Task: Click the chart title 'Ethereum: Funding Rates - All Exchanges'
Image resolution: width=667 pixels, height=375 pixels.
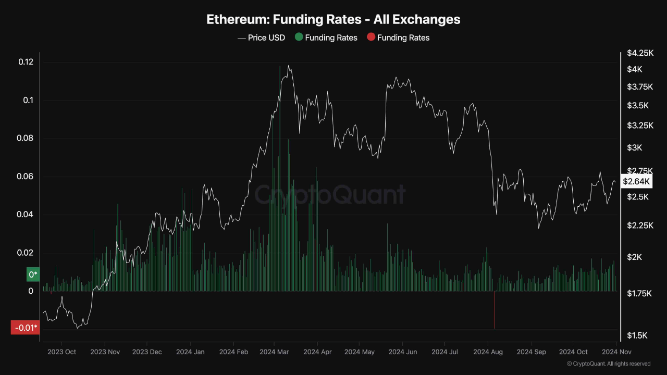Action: tap(333, 20)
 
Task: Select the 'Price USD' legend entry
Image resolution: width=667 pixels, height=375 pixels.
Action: tap(262, 37)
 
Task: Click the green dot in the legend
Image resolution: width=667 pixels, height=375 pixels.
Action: tap(299, 37)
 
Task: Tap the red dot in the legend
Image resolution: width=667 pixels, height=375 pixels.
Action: tap(370, 37)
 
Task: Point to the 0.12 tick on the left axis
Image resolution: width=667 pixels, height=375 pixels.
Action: tap(26, 62)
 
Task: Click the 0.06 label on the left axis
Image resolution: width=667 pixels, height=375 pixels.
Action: tap(26, 177)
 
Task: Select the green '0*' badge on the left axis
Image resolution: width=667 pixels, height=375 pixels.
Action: tap(33, 274)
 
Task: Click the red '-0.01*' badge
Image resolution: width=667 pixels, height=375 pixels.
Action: tap(25, 328)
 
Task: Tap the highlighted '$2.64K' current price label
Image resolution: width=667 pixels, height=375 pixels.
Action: tap(636, 181)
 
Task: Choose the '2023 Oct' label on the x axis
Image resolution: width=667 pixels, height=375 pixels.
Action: tap(61, 352)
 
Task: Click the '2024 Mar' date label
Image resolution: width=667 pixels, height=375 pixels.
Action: tap(274, 352)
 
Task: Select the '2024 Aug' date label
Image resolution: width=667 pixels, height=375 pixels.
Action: tap(488, 352)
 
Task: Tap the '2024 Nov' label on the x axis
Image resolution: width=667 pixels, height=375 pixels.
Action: tap(616, 352)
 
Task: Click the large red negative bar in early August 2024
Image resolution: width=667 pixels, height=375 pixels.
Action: tap(493, 310)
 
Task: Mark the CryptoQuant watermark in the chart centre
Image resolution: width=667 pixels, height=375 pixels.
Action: tap(329, 195)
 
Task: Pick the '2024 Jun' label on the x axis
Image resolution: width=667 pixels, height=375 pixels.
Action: tap(403, 352)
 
